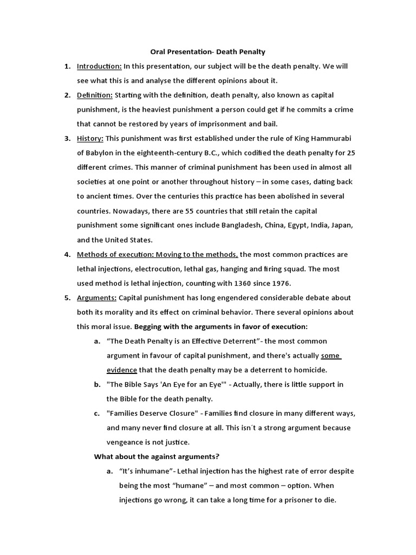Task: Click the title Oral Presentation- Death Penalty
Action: (207, 52)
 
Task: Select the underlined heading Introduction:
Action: (99, 66)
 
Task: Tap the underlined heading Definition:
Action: (94, 95)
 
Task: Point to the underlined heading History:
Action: (89, 138)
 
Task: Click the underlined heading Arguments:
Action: (96, 298)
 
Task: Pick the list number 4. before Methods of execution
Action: (67, 254)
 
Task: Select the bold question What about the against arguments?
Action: (157, 456)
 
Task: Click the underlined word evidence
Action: (122, 370)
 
